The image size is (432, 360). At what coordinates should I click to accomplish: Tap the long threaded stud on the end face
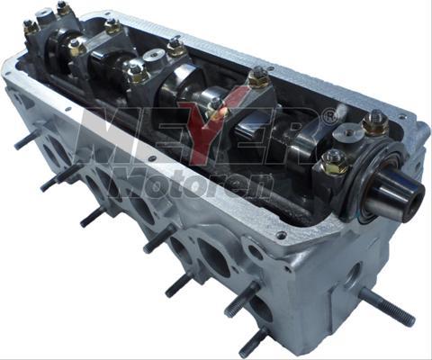[x=388, y=307]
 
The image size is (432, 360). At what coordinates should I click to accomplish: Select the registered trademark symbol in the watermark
[x=329, y=115]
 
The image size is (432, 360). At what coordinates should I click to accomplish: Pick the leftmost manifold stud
[x=26, y=140]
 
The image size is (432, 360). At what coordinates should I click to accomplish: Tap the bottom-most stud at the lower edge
[x=255, y=339]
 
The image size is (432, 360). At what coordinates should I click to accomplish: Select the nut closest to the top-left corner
[x=31, y=26]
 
